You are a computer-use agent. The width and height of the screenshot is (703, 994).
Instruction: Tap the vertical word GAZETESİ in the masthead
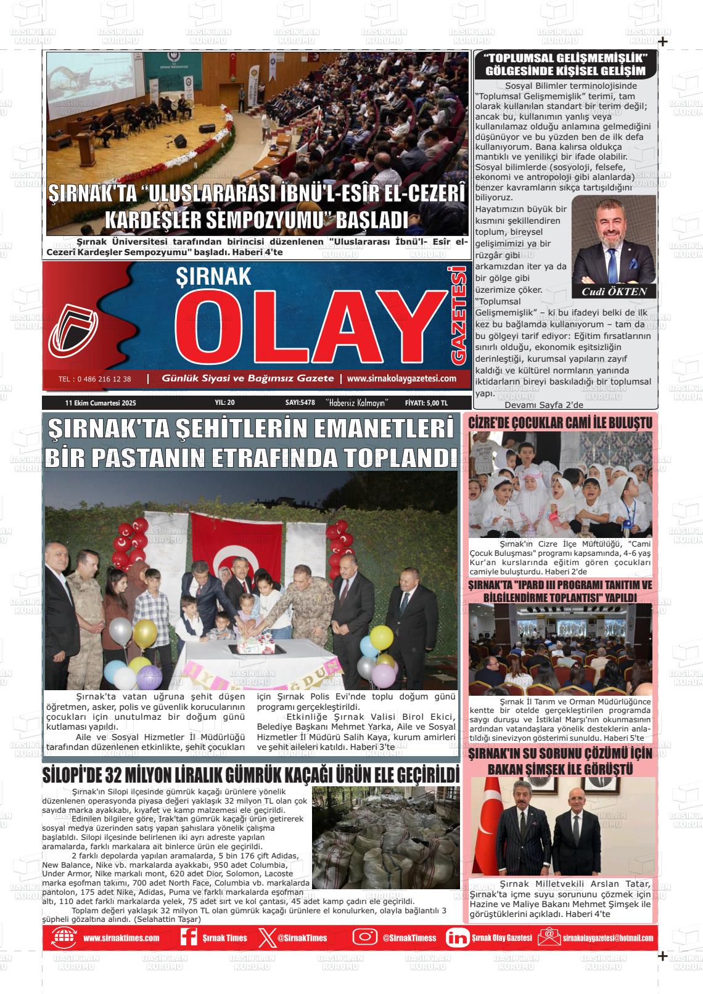pos(458,315)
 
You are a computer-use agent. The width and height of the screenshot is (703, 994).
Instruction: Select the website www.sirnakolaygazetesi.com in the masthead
pos(401,379)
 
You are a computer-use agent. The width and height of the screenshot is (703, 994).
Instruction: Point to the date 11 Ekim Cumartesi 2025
pos(101,402)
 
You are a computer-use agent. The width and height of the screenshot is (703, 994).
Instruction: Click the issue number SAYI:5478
pos(300,402)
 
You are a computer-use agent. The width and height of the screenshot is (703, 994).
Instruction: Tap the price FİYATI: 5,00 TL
pos(426,402)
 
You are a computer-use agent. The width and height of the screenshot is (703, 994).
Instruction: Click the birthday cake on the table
pos(256,645)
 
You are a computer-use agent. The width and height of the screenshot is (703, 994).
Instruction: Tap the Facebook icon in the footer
pos(188,937)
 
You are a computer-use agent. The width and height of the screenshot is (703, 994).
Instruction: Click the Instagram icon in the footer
pos(365,937)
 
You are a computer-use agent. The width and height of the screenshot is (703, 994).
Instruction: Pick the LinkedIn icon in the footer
pos(457,937)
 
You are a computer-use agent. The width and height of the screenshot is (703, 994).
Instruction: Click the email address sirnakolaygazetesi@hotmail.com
pos(607,938)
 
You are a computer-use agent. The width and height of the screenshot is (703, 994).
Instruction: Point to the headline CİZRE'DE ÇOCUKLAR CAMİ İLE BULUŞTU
pos(560,423)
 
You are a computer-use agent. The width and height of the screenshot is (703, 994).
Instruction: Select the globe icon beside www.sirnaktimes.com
pos(64,937)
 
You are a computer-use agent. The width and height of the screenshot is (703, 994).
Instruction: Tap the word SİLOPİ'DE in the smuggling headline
pos(68,775)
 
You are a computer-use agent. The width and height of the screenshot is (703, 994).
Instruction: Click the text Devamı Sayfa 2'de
pos(543,405)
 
